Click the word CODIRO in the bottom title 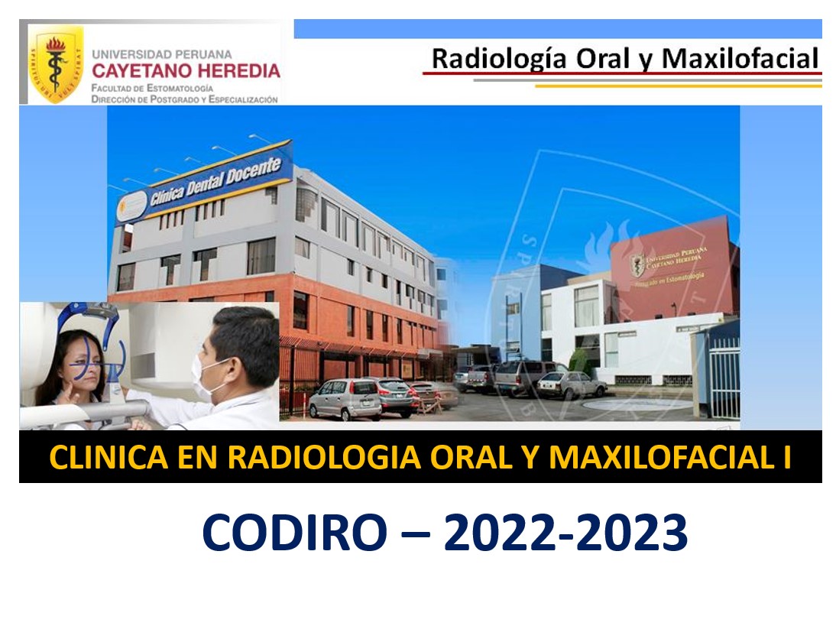pyautogui.click(x=294, y=533)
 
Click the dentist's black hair pyautogui.click(x=245, y=336)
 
